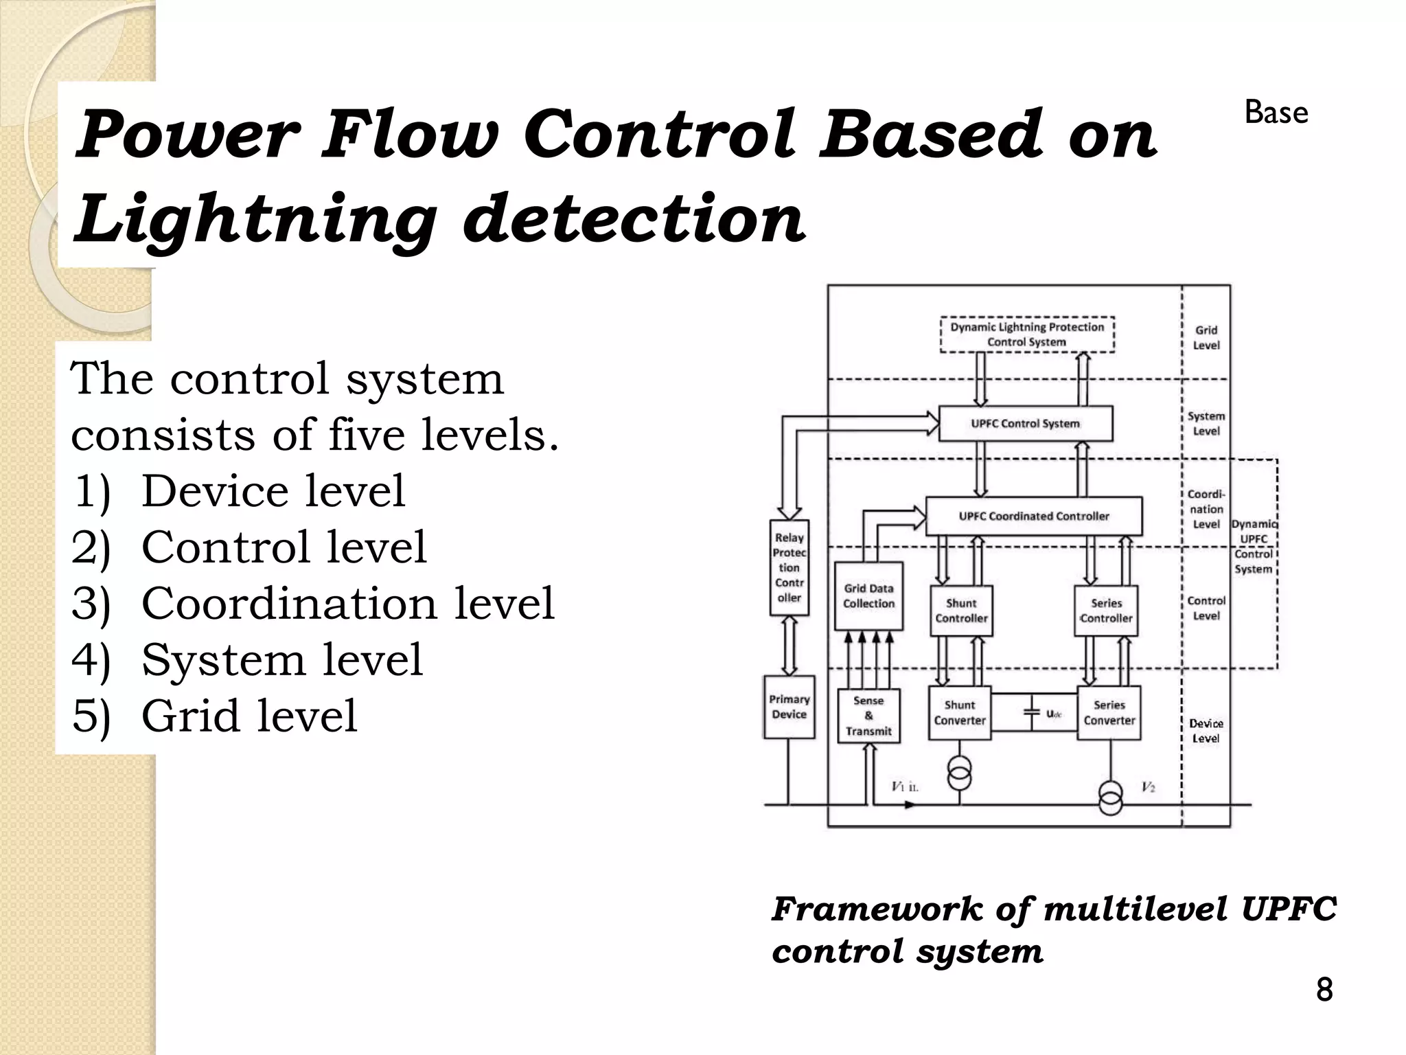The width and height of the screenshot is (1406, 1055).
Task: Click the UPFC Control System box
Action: tap(1025, 424)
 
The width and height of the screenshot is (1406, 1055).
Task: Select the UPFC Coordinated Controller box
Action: tap(1034, 517)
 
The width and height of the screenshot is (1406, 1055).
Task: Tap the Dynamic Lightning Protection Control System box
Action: tap(1027, 334)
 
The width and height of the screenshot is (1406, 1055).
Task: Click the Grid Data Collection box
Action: tap(868, 596)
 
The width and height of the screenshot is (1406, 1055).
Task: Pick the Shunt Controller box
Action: tap(961, 611)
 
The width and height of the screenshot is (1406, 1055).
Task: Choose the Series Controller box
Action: tap(1106, 611)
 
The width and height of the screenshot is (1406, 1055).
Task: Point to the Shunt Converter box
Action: tap(960, 713)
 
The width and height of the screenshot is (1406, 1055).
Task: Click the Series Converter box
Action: tap(1109, 713)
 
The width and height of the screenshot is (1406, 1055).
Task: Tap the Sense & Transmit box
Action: tap(868, 716)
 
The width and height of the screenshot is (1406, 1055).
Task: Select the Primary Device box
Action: tap(790, 707)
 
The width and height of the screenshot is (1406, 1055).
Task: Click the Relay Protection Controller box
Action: tap(790, 567)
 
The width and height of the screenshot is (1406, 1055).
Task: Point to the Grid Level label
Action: tap(1206, 338)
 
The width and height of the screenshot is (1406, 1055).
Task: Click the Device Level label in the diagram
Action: tap(1206, 731)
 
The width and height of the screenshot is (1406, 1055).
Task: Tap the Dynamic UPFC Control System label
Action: tap(1254, 547)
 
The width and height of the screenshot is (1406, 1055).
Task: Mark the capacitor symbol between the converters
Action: tap(1032, 713)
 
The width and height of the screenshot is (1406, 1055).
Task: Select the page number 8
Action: tap(1324, 990)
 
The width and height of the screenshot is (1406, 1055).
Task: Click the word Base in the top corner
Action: tap(1276, 113)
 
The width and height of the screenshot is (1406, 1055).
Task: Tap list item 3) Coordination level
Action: tap(312, 603)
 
